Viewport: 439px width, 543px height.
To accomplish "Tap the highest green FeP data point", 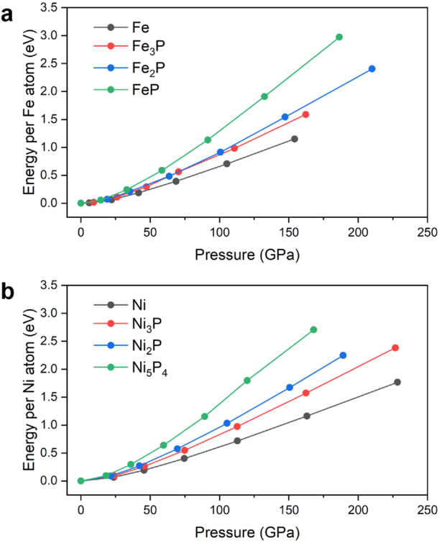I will [339, 37].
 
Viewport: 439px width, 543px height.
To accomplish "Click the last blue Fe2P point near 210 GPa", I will [371, 69].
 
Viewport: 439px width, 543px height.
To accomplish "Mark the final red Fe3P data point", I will [305, 114].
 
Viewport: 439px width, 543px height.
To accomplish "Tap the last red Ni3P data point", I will [395, 347].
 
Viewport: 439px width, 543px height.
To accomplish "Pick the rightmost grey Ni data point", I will [397, 382].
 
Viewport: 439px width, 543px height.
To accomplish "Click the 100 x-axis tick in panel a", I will [219, 219].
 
